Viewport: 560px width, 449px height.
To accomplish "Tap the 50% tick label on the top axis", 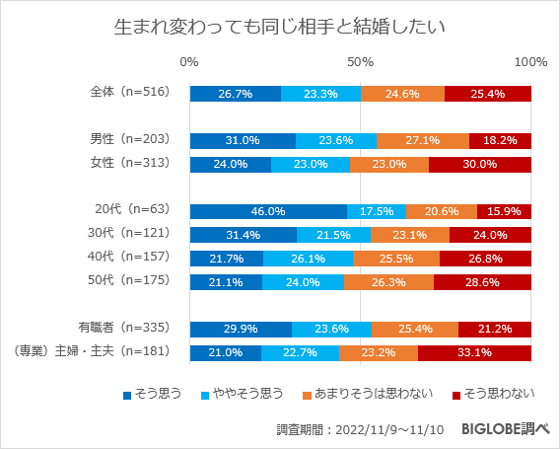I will pyautogui.click(x=361, y=62).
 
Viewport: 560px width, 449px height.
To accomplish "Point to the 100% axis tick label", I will pyautogui.click(x=530, y=62).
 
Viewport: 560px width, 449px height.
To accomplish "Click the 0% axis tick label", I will pyautogui.click(x=190, y=62).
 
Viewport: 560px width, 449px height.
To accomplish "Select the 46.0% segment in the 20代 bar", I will pyautogui.click(x=268, y=211).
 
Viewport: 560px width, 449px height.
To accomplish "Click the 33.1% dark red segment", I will pyautogui.click(x=474, y=352).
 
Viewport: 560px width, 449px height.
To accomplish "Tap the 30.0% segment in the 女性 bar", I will pyautogui.click(x=479, y=165).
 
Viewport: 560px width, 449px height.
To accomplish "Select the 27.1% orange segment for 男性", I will pyautogui.click(x=422, y=141).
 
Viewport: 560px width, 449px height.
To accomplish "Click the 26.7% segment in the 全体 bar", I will pyautogui.click(x=236, y=94).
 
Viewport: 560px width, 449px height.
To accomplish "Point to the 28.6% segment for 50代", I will pyautogui.click(x=482, y=282).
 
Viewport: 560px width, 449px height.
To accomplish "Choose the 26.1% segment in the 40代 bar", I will pyautogui.click(x=308, y=259).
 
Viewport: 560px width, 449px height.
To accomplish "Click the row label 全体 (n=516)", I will pyautogui.click(x=130, y=92).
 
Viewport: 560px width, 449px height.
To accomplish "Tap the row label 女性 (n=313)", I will pyautogui.click(x=130, y=163).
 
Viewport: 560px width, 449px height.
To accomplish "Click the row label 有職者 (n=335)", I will pyautogui.click(x=125, y=328).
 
